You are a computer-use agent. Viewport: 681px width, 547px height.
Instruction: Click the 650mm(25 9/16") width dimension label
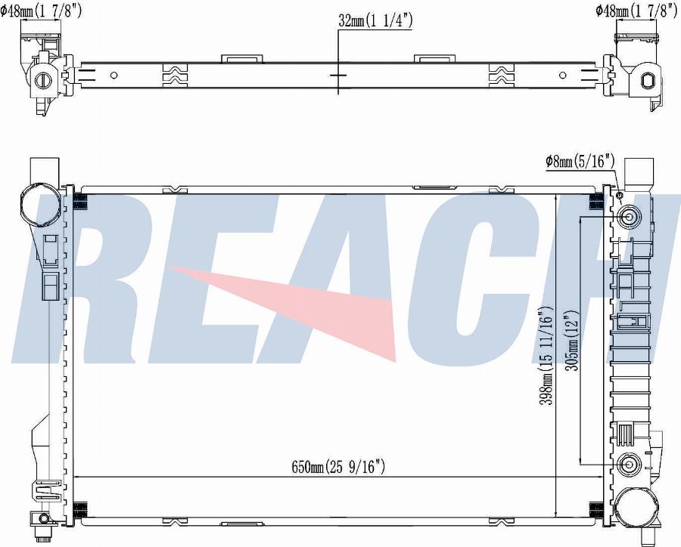[339, 467]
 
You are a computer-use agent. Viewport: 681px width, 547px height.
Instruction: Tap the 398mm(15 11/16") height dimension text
[545, 356]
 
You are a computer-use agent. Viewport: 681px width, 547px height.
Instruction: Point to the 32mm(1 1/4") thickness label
[375, 21]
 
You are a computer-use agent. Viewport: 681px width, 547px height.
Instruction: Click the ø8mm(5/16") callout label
[580, 162]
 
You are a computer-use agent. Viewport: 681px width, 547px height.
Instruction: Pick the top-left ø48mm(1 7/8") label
[41, 11]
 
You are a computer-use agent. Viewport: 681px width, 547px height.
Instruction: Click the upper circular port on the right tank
[629, 217]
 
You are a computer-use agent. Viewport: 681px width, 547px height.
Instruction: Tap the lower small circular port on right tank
[629, 465]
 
